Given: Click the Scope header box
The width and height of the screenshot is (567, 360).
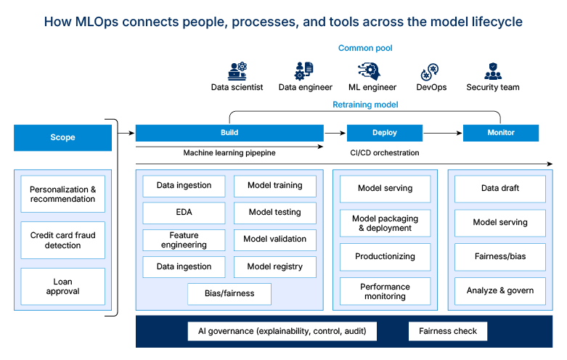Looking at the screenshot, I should coord(62,137).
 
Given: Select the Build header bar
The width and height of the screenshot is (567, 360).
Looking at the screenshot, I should coord(229,133).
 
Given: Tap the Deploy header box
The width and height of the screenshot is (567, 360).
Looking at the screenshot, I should coord(385,133).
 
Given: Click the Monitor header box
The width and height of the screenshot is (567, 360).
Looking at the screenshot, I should coord(501,133).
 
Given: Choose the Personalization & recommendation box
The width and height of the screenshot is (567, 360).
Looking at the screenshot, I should coord(62,194).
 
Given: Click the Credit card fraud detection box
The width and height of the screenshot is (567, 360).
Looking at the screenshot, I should coord(62,240).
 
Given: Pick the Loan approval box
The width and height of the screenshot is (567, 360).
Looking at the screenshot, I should coord(62,287).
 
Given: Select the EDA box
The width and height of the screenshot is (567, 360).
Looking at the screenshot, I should coord(184,213).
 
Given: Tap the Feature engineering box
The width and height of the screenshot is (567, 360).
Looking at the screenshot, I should coord(184,240).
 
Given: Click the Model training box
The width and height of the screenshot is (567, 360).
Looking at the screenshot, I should coord(275,186).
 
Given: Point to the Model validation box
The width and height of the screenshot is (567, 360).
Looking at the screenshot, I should coord(275,240).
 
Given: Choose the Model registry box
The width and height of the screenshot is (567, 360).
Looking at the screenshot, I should coord(275,266).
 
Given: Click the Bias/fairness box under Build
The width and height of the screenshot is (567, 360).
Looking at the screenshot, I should coord(229,294).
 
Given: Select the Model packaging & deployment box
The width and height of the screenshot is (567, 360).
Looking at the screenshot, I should coord(385,223).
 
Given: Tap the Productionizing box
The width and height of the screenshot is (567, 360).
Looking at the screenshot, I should coord(385,257).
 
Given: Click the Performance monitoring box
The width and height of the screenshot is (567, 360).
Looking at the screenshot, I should coord(385,291).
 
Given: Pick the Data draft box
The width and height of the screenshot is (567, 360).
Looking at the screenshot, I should coord(500,189).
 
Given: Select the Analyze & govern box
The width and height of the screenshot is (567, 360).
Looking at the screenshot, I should coord(500,291).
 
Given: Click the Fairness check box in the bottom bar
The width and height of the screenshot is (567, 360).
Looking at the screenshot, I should coord(448,332).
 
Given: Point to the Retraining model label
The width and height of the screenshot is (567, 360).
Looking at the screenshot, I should coord(365,105).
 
